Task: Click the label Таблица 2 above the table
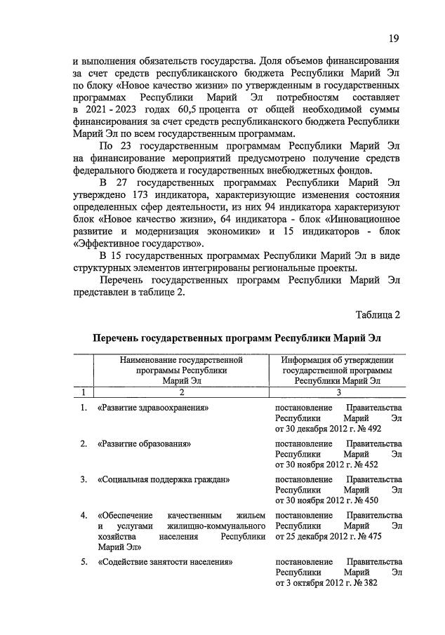click(x=378, y=314)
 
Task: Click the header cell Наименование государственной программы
click(x=180, y=370)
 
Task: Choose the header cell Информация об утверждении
click(x=338, y=370)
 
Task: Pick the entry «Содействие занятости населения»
click(x=166, y=562)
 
